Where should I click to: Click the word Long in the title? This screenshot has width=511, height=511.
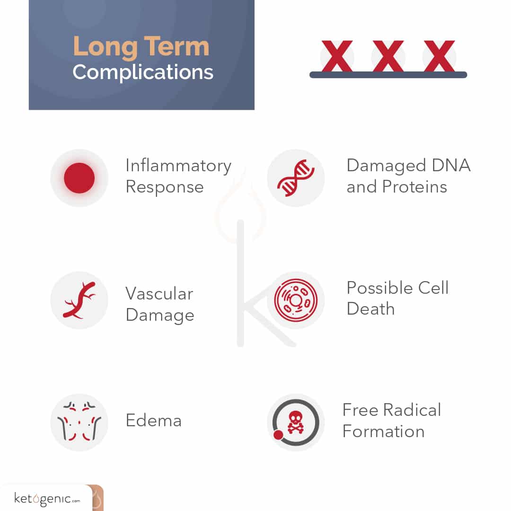[x=105, y=48]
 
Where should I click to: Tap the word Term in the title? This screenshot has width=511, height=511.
[x=176, y=46]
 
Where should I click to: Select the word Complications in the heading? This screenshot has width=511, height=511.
[x=143, y=72]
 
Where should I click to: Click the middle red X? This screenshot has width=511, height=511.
[x=388, y=56]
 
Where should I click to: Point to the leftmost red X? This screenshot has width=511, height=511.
[x=337, y=56]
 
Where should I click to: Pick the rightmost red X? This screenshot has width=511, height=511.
[x=439, y=56]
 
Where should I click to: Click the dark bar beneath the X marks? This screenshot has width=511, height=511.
[x=388, y=75]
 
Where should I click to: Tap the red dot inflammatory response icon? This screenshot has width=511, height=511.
[x=79, y=178]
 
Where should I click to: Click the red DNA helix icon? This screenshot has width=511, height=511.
[x=296, y=178]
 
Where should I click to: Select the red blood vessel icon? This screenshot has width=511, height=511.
[x=79, y=300]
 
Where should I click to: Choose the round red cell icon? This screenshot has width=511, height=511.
[x=296, y=300]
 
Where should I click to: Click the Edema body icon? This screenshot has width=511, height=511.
[x=79, y=422]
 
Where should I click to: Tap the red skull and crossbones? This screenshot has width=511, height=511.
[x=296, y=422]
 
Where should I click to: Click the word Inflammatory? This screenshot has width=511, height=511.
[x=178, y=166]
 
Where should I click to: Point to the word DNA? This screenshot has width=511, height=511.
[x=451, y=165]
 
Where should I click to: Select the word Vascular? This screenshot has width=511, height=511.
[x=159, y=293]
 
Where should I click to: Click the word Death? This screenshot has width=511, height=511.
[x=370, y=308]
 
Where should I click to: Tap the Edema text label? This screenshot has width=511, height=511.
[x=153, y=420]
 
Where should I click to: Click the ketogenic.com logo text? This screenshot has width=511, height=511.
[x=47, y=499]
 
